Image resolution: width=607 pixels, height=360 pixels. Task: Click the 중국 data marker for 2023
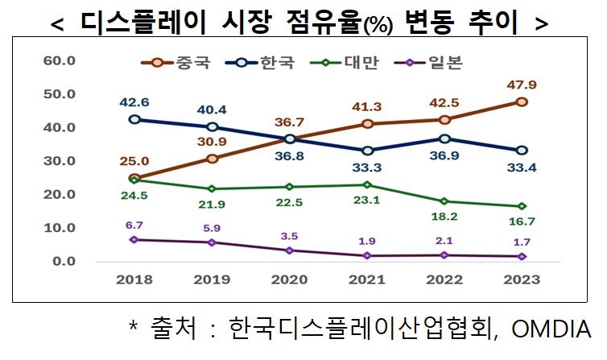click(522, 101)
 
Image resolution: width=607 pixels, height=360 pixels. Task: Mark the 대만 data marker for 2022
click(444, 201)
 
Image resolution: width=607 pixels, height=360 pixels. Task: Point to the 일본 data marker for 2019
click(212, 242)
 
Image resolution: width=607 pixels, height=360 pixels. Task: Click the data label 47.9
click(522, 83)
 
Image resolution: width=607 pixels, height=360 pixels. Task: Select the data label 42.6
click(134, 102)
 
